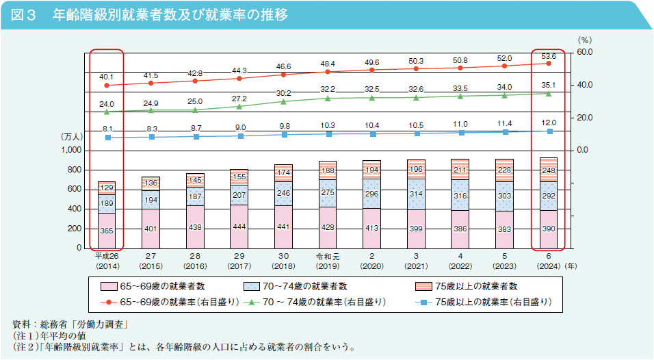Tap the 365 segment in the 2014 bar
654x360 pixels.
point(107,231)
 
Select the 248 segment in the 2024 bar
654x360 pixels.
point(548,170)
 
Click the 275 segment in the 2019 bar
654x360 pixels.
point(328,194)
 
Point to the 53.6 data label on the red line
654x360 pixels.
point(549,56)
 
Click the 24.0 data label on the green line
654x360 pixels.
point(107,104)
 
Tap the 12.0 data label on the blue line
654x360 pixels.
point(549,122)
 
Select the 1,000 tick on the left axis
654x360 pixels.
point(70,151)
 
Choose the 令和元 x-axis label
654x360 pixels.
point(328,257)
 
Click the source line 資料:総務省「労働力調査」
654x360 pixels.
point(72,323)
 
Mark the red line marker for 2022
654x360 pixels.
point(460,68)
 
